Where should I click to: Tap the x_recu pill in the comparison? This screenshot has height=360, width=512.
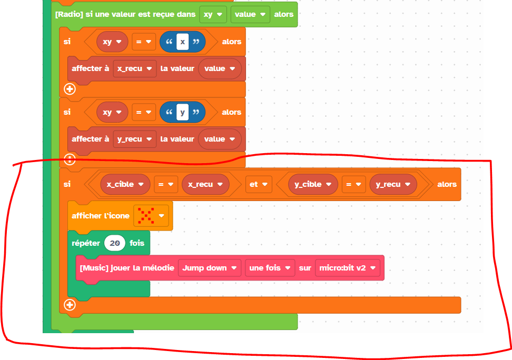click(x=205, y=184)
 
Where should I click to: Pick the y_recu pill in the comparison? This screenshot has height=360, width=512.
click(x=393, y=184)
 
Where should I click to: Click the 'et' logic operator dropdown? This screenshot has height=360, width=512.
click(x=258, y=184)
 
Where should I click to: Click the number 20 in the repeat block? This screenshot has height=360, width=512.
click(x=115, y=243)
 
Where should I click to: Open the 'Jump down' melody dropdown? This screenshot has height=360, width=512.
click(x=209, y=268)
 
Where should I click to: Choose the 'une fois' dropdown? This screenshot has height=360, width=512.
click(x=270, y=268)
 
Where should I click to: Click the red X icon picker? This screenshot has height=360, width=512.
click(x=151, y=216)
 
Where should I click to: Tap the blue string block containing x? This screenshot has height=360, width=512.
click(x=182, y=42)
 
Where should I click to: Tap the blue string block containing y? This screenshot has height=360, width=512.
click(x=182, y=112)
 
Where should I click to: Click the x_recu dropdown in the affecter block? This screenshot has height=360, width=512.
click(x=135, y=68)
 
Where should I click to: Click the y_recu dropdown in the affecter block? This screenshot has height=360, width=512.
click(x=135, y=139)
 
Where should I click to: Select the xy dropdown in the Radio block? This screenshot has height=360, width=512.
click(x=213, y=14)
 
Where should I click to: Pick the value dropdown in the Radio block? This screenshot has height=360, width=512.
click(x=250, y=14)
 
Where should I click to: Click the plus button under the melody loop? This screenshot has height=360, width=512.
click(x=69, y=305)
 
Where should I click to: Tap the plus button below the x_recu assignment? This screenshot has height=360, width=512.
click(x=69, y=89)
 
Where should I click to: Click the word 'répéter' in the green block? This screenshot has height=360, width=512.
click(x=86, y=243)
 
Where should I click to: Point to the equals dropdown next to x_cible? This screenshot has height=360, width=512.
click(x=165, y=184)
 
